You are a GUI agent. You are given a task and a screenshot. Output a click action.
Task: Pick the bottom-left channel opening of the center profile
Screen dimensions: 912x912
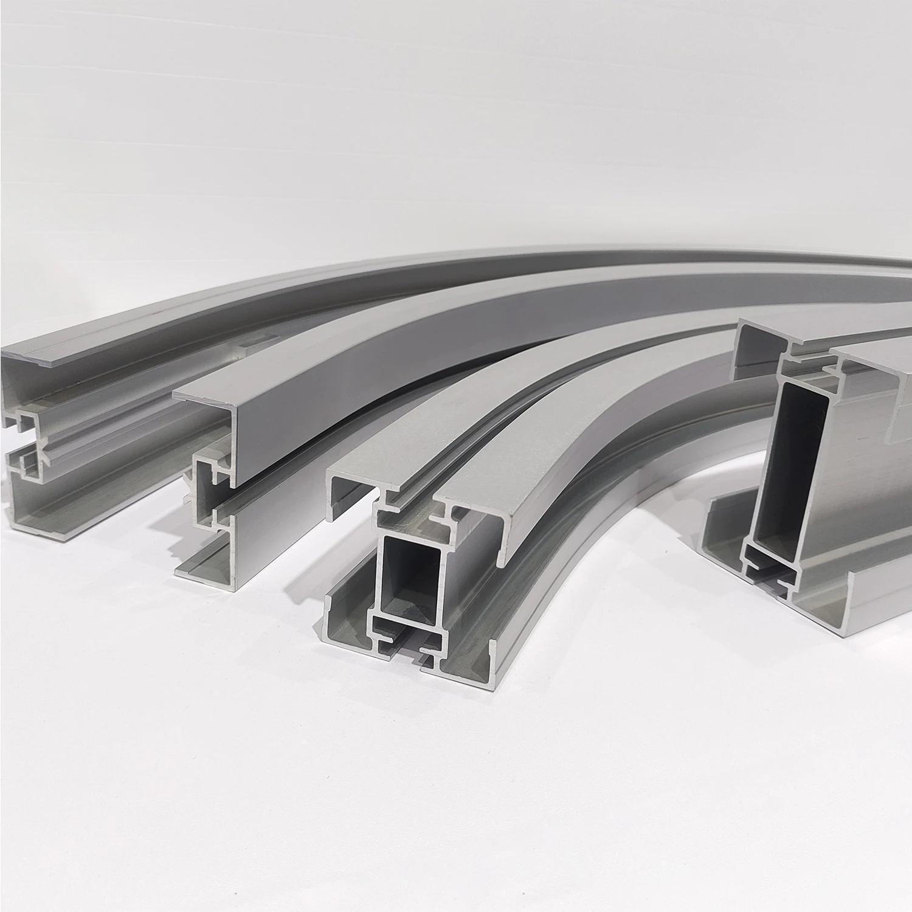click(350, 620)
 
